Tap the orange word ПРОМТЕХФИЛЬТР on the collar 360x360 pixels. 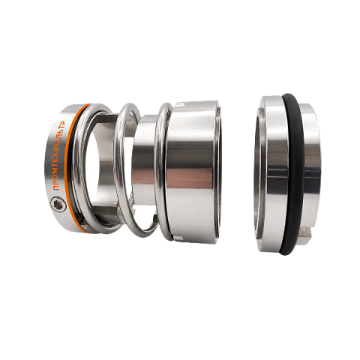(x=59, y=155)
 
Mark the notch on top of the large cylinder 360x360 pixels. (x=181, y=103)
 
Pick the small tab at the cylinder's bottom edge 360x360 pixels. (x=178, y=238)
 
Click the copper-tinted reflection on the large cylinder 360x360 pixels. (x=190, y=178)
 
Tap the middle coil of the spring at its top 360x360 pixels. (x=127, y=107)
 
